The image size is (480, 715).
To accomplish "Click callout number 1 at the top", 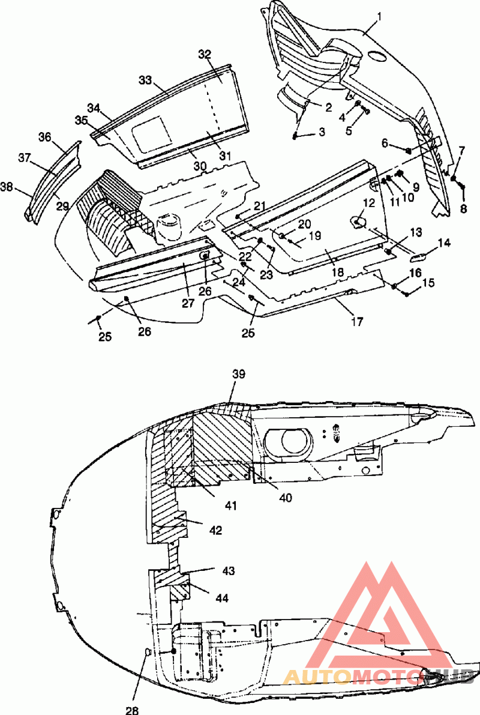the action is (x=379, y=17).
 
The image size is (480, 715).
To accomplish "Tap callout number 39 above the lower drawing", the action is (x=238, y=375).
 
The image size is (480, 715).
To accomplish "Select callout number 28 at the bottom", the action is (x=132, y=710).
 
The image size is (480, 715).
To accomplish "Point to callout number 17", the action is (x=358, y=321).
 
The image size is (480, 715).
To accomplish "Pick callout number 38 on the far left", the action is (x=7, y=187).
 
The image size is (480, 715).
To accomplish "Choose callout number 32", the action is (x=205, y=54).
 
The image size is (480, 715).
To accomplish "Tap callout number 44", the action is (x=222, y=598).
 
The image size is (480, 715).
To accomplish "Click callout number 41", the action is (x=231, y=505).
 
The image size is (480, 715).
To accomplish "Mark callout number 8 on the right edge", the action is (x=464, y=210).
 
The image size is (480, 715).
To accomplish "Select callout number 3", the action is (x=322, y=132).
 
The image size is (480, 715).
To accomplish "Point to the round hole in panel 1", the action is (x=377, y=55).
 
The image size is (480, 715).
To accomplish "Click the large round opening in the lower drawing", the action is (x=297, y=441).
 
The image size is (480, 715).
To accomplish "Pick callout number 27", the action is (x=188, y=303).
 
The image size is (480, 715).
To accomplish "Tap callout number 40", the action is (x=286, y=498).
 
